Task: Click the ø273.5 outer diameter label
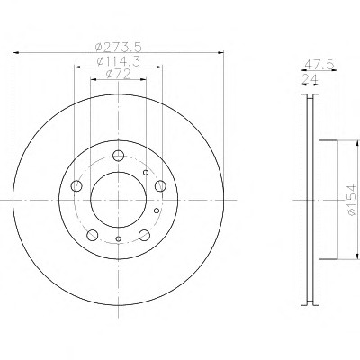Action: (118, 47)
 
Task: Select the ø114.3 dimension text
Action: (119, 61)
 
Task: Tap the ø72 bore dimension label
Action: (119, 74)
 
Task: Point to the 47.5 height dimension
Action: (319, 65)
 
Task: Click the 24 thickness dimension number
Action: (310, 78)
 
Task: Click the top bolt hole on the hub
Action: (119, 156)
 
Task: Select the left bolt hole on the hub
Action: (76, 186)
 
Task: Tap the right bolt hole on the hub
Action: (160, 186)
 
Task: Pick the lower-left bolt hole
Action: (93, 235)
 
